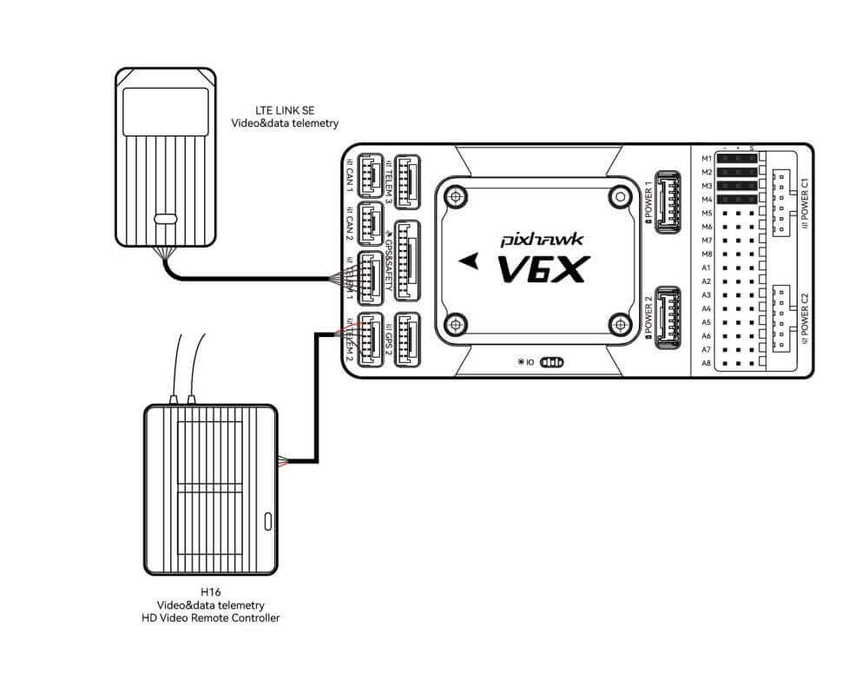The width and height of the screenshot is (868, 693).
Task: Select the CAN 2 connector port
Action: (371, 221)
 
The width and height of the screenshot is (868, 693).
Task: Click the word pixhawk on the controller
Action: (537, 236)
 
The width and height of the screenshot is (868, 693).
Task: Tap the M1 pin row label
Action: (707, 159)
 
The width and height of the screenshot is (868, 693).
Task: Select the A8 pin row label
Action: (707, 363)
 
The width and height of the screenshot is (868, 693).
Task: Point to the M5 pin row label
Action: (707, 213)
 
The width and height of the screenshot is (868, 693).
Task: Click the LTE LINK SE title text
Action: (285, 112)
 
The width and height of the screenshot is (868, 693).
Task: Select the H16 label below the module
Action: (210, 592)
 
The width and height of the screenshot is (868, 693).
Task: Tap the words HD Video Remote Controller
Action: (210, 618)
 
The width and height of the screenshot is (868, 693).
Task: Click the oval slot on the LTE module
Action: (166, 219)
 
